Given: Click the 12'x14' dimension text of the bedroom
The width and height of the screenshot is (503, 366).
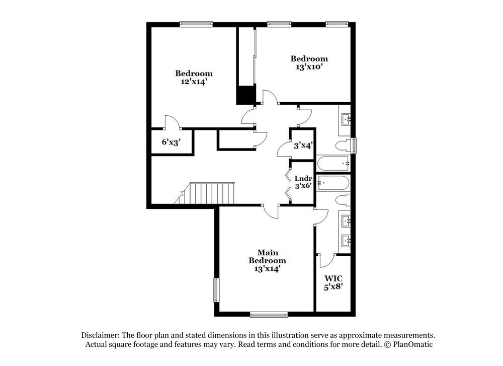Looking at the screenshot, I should coord(194,81).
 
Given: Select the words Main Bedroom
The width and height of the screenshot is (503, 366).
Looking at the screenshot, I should coord(267,256).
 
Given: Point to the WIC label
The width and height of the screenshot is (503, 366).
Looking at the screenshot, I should coord(333,278).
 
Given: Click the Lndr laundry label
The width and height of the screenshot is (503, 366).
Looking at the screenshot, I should coord(303,178).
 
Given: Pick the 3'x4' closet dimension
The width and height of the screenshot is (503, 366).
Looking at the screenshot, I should coord(303,145).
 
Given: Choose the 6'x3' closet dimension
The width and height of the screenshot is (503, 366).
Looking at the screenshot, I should coord(171,142).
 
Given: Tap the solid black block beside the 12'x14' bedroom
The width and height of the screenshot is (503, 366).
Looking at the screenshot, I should coord(246,94).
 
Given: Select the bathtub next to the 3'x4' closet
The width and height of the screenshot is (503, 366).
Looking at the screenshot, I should coord(332,163).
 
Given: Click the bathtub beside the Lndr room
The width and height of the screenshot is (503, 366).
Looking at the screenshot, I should coord(332,182).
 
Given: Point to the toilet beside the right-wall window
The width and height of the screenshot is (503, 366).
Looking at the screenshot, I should coord(343,146).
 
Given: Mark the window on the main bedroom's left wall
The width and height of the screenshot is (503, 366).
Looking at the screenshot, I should coord(216,290).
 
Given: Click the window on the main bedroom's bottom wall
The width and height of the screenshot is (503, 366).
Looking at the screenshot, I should coord(269,315).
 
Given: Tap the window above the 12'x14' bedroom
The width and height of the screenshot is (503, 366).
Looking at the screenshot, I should coord(196,24).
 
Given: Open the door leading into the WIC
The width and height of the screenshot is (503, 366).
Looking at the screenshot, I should coord(325,261).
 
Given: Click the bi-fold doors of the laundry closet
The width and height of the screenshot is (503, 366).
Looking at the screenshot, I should coord(288,183).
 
